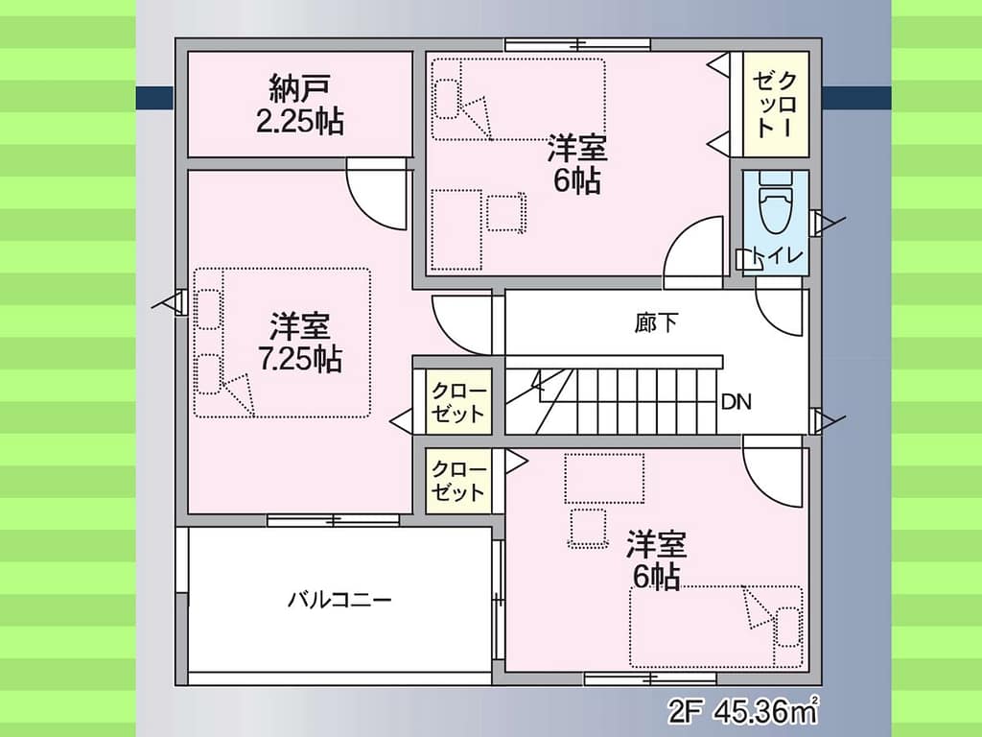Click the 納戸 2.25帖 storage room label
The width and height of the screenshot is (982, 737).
click(300, 105)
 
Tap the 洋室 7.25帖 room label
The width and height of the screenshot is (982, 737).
click(300, 343)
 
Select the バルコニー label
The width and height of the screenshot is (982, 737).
click(339, 600)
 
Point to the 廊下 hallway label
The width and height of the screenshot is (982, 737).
click(656, 322)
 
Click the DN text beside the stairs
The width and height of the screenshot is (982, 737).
click(736, 402)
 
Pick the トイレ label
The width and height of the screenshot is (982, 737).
click(778, 255)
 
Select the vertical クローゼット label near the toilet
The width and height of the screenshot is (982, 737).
click(775, 104)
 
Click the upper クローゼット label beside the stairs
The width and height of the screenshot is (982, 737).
click(458, 402)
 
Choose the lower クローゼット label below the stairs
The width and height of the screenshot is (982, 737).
click(458, 481)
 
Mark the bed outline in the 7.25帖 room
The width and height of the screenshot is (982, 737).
click(282, 343)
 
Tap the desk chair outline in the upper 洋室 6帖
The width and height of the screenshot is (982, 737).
click(506, 212)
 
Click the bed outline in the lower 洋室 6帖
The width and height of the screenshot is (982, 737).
click(715, 627)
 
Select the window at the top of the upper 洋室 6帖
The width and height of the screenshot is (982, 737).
click(577, 44)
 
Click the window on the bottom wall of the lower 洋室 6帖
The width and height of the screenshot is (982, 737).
click(651, 678)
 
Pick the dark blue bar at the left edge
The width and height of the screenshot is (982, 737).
click(154, 97)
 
